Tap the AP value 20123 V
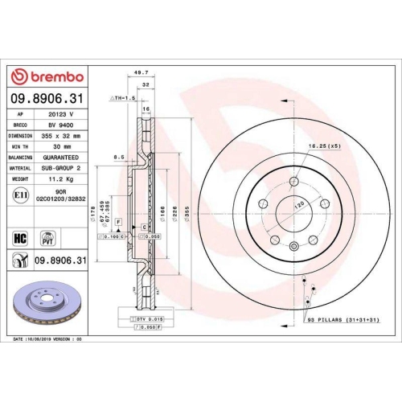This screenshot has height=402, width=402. [x=59, y=115]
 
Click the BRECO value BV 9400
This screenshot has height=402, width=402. [x=59, y=126]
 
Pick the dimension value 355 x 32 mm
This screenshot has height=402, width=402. [x=61, y=137]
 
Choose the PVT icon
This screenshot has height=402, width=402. [x=47, y=238]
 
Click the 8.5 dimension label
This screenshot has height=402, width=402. [x=118, y=158]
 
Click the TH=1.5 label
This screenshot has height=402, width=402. [x=121, y=96]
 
